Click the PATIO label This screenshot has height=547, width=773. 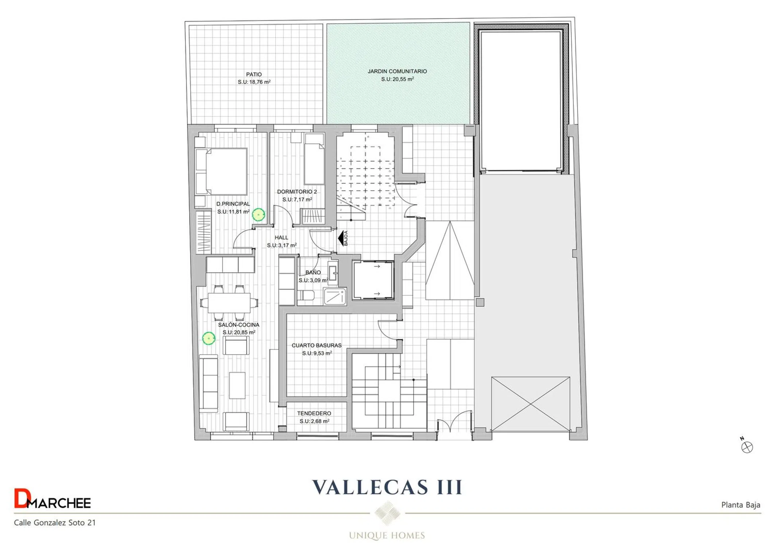254,74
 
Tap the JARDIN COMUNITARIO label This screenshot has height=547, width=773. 397,71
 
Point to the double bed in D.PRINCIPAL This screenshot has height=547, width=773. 222,171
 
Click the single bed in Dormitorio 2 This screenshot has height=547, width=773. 314,159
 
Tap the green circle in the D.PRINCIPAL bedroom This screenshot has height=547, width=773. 258,215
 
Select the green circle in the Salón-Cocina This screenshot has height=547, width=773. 209,338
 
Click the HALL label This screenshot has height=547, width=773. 281,238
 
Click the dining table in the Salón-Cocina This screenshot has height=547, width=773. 229,303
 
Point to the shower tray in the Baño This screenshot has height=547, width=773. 335,296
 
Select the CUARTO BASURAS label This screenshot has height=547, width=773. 317,345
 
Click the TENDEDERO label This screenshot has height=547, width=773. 314,413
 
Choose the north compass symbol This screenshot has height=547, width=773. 747,446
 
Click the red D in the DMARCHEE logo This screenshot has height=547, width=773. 20,498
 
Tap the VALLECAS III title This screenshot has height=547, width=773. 387,487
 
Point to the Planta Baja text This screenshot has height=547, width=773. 741,505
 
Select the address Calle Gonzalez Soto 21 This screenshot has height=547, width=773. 55,523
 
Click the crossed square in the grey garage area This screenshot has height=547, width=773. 530,404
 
